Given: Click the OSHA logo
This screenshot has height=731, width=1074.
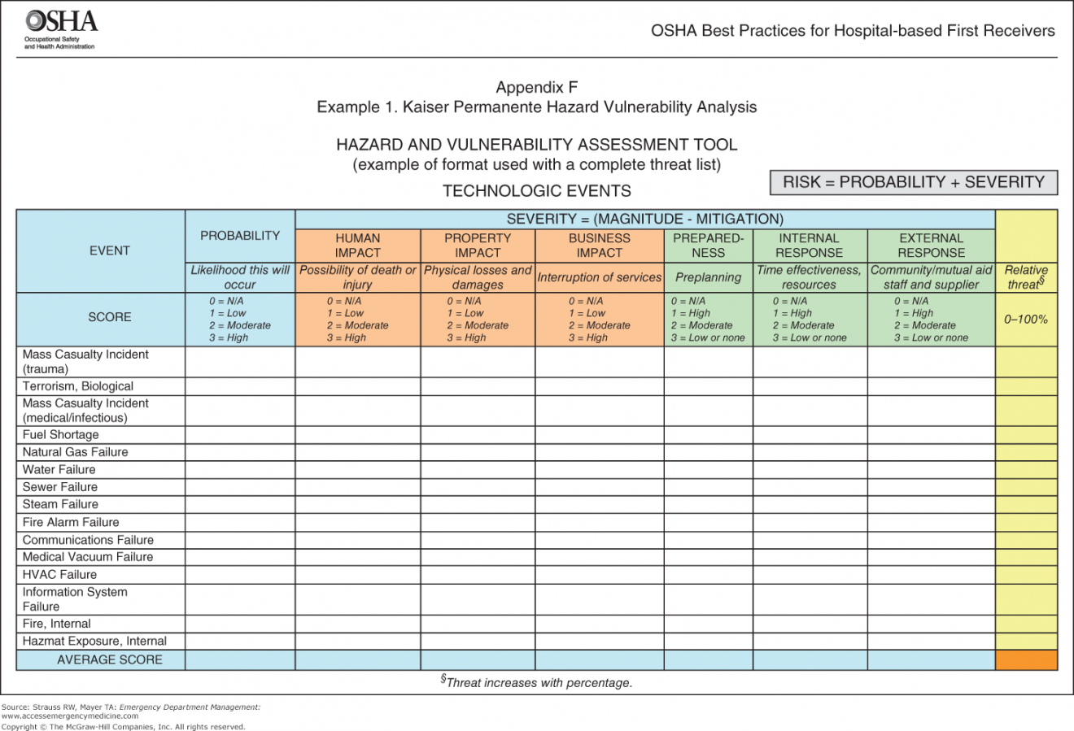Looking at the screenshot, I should (x=60, y=28).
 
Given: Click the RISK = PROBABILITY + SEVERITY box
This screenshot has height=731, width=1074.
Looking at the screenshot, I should (x=913, y=182).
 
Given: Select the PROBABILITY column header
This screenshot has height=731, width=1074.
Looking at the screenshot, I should (x=240, y=236).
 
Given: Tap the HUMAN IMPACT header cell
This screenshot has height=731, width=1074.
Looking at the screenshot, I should (x=357, y=245).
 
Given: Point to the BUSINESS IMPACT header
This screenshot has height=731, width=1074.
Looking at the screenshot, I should (x=599, y=245).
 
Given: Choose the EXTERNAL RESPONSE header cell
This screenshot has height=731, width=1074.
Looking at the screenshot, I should (x=931, y=245).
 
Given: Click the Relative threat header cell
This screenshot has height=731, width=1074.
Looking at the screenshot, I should (x=1026, y=276).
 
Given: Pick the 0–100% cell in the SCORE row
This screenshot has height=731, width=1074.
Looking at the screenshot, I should (x=1026, y=320).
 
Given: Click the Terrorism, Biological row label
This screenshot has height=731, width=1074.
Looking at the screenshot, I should (x=78, y=386).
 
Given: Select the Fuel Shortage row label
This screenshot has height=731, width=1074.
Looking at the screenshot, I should (x=61, y=434).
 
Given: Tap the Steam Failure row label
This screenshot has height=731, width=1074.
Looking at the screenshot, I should (x=60, y=504).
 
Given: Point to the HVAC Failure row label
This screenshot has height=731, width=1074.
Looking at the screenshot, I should (x=59, y=574).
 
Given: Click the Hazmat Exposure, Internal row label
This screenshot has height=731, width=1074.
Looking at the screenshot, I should (x=94, y=641).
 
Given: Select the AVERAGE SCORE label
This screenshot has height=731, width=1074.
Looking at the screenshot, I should (x=109, y=659).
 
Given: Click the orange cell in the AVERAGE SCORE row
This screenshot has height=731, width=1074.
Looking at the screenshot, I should (x=1026, y=659).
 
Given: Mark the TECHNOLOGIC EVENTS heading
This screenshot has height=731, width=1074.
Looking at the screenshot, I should (x=536, y=191).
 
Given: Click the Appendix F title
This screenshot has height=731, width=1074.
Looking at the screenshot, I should (x=536, y=87).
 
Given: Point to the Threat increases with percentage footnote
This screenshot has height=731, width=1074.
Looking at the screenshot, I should (x=536, y=682).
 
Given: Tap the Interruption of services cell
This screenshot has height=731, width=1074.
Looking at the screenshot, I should (x=599, y=277).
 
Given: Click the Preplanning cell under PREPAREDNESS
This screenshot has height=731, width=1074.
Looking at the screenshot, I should (x=708, y=277).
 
